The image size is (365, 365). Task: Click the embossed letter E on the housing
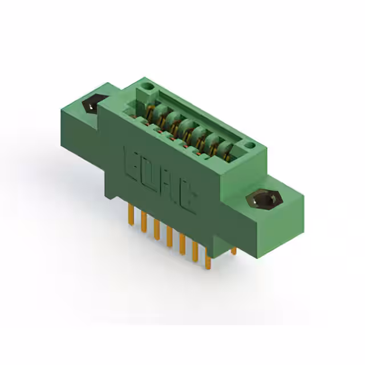coord(130,162)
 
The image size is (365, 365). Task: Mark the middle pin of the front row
coord(169,238)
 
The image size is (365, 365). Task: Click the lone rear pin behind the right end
coord(233,250)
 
